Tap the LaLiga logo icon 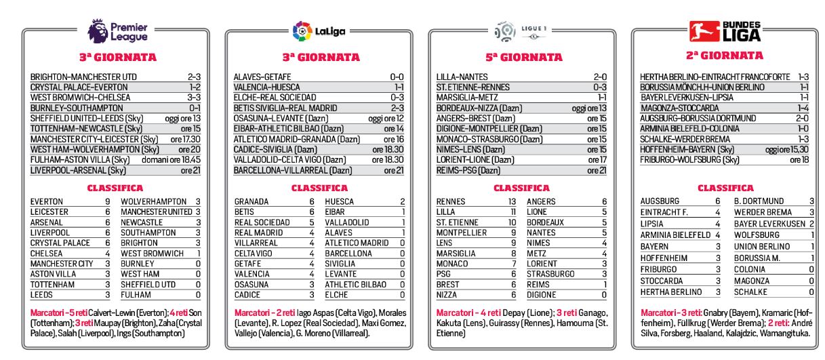[302, 31]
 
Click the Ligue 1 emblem [505, 31]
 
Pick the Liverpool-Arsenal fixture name [79, 170]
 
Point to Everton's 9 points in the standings [107, 201]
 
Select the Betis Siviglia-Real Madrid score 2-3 [397, 108]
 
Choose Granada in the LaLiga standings [251, 201]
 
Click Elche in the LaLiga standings [336, 296]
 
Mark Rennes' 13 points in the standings [512, 201]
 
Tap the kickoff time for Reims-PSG [597, 170]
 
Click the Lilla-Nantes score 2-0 [599, 77]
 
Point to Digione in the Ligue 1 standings [543, 296]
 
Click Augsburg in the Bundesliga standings [660, 201]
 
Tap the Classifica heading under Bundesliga [725, 187]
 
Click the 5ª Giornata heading [521, 58]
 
